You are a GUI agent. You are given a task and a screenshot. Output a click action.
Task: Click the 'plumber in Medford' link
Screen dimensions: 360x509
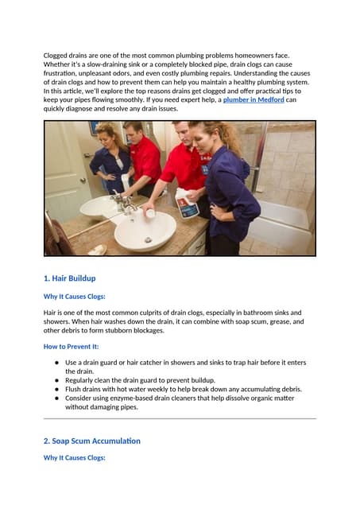pyautogui.click(x=252, y=100)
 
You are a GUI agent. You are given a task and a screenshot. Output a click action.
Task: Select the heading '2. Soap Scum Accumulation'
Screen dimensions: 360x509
pyautogui.click(x=91, y=440)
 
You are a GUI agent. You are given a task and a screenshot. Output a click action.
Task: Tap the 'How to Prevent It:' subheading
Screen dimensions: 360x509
pyautogui.click(x=73, y=347)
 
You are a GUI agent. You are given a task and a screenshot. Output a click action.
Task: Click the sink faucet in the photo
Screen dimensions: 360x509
pyautogui.click(x=125, y=204)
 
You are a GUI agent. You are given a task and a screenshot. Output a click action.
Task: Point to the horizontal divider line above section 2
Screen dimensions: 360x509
pyautogui.click(x=180, y=418)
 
